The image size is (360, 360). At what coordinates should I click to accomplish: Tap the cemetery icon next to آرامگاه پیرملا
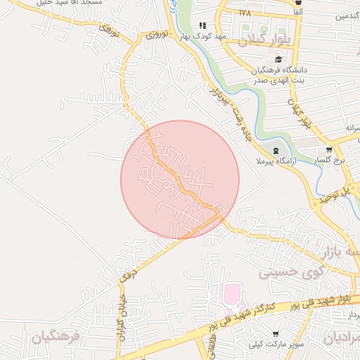(276, 150)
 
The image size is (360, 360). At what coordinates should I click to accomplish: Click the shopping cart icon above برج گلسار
(329, 150)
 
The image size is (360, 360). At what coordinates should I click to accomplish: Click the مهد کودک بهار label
(202, 35)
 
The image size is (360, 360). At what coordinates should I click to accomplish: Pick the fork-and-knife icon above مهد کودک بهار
(202, 25)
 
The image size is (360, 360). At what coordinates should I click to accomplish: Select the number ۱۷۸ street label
(245, 13)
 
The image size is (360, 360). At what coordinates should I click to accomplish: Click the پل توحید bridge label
(335, 195)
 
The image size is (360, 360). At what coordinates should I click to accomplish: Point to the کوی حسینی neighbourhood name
(290, 271)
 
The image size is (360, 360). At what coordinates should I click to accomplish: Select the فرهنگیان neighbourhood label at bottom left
(56, 337)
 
